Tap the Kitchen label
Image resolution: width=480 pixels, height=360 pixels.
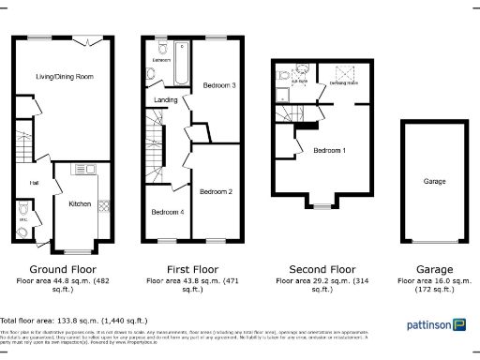(x=81, y=202)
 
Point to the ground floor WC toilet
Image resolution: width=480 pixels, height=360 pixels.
(x=23, y=229)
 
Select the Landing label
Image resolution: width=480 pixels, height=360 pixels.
(x=166, y=99)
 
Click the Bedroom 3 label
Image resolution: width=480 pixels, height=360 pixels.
(x=218, y=85)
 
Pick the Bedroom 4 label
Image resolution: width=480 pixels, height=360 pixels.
(x=167, y=211)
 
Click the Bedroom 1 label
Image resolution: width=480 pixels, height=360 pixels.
(x=329, y=151)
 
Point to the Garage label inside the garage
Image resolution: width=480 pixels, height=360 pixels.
(x=433, y=182)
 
